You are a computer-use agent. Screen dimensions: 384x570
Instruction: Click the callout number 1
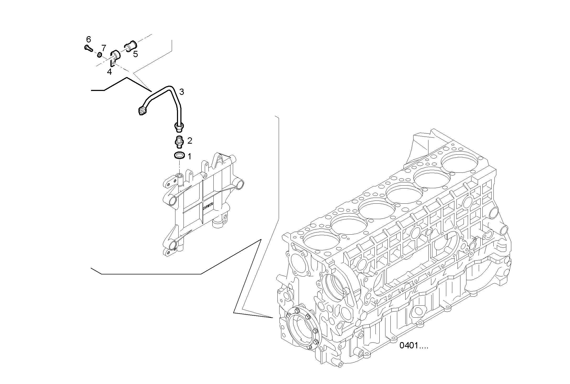point(189,157)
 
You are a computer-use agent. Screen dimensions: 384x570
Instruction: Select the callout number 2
point(190,141)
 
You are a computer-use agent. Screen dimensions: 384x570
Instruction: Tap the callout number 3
point(181,92)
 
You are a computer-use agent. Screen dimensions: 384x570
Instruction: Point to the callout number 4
point(109,72)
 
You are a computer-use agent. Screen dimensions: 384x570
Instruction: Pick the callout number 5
point(135,54)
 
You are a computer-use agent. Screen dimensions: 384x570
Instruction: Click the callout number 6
point(89,40)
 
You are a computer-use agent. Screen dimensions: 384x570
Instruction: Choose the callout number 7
point(104,48)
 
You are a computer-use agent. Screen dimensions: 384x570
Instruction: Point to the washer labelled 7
point(100,55)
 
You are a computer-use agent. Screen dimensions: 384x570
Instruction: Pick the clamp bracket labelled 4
point(115,57)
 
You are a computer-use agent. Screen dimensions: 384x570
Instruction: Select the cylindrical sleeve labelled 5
point(130,47)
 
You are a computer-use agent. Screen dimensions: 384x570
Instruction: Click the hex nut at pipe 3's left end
point(142,111)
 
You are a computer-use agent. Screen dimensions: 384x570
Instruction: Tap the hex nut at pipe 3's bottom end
point(179,127)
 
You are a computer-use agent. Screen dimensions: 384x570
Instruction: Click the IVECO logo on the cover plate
point(208,207)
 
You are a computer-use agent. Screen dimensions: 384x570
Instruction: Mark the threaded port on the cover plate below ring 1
point(179,175)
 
